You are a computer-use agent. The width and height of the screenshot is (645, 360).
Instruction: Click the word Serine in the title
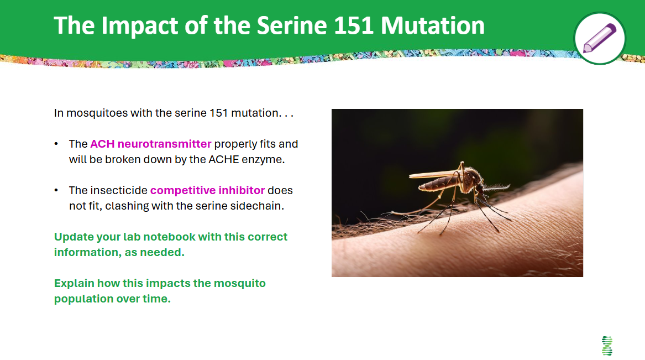click(292, 25)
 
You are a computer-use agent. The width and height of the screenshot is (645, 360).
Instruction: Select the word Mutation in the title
click(433, 25)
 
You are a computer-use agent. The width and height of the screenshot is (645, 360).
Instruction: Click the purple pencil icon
click(600, 38)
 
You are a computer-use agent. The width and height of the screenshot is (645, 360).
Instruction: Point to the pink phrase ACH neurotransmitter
click(150, 144)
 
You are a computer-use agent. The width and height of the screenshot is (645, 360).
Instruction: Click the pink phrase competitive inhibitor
click(207, 190)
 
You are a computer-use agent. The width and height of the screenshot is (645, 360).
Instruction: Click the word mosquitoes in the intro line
click(97, 113)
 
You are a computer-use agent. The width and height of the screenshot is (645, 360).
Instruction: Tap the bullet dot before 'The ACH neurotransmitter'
click(56, 144)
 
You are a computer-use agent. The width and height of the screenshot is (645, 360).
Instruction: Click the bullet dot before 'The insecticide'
click(56, 190)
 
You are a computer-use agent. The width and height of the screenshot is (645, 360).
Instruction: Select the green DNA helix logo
click(607, 346)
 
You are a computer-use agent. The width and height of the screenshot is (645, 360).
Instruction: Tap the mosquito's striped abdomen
click(438, 184)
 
